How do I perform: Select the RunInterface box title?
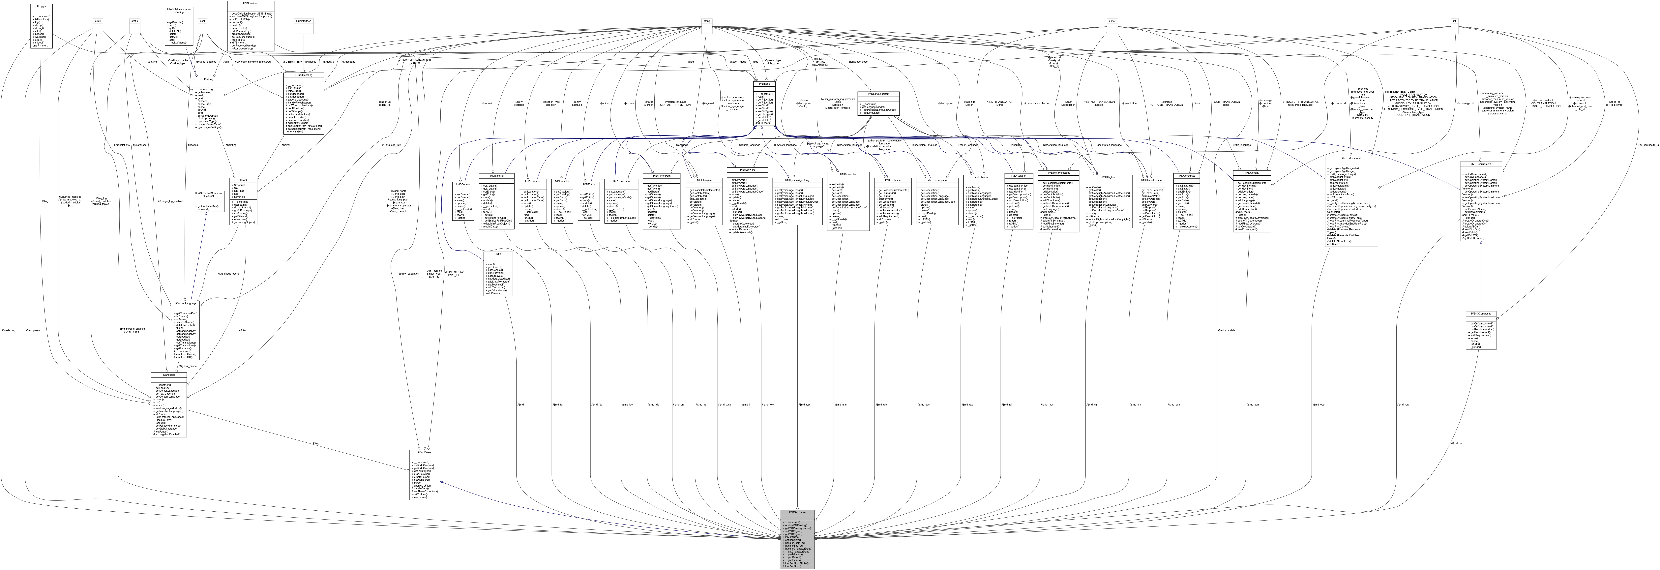click(x=304, y=21)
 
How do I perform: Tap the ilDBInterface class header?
click(x=251, y=3)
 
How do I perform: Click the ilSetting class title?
click(x=213, y=79)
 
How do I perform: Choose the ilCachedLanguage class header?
click(x=186, y=303)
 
